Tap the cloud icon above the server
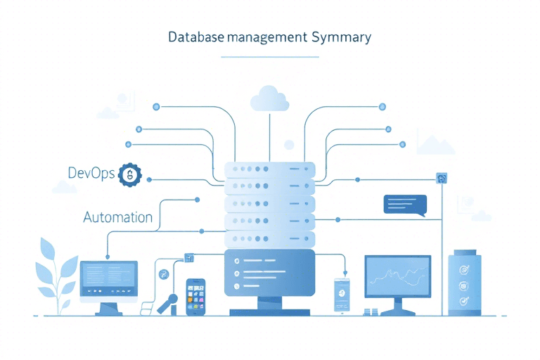pos(269,98)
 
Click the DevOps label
pos(91,174)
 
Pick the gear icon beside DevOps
pos(131,174)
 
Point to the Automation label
pos(117,217)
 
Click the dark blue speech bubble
pos(404,204)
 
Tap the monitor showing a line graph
pos(397,276)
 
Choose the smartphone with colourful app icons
pos(196,296)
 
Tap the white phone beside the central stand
pos(342,294)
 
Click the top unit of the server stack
pos(269,170)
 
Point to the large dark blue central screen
pos(269,272)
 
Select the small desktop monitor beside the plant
pos(109,278)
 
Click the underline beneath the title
pos(269,55)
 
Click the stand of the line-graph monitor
pos(397,307)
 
